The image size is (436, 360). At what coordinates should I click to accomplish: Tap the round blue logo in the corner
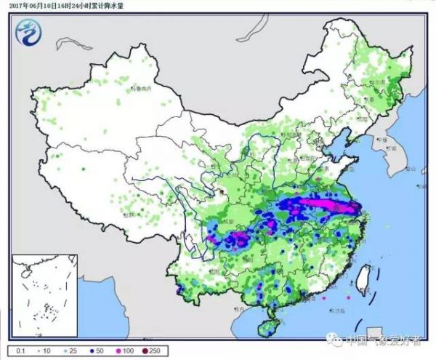coord(28,31)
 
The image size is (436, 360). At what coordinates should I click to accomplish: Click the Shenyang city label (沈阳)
coord(360,118)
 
